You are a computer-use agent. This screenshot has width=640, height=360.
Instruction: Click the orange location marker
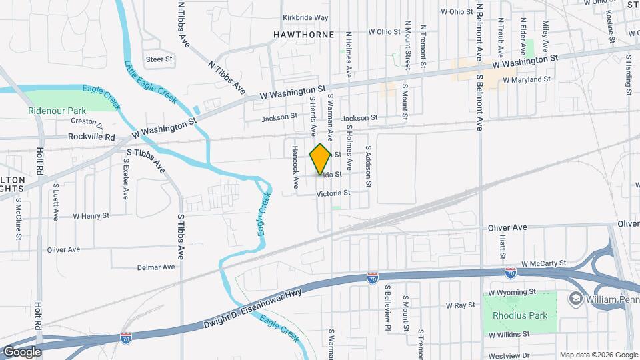[321, 159]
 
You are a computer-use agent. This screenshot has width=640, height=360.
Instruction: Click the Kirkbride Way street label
[305, 17]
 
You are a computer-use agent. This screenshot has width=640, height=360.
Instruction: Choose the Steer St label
[159, 59]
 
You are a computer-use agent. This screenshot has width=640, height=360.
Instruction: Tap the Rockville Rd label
[91, 137]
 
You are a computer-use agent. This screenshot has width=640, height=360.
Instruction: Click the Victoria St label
[333, 193]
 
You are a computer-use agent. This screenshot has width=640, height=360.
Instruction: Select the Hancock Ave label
[295, 167]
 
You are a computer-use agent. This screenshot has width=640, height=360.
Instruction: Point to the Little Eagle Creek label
[150, 81]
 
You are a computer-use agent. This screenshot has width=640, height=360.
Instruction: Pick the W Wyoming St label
[512, 292]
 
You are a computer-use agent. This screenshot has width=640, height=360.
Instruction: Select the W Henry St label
[91, 216]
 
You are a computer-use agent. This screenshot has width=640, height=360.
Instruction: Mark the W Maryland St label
[526, 79]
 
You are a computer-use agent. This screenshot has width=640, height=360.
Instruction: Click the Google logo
[22, 352]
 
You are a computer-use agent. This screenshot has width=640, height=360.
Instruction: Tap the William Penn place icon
[574, 299]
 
